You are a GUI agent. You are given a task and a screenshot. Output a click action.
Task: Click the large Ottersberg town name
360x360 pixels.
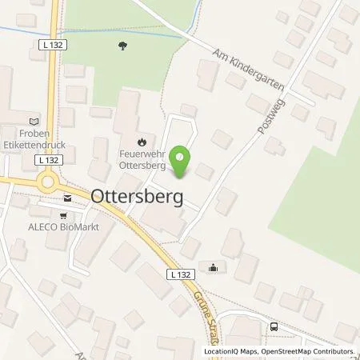[137, 195]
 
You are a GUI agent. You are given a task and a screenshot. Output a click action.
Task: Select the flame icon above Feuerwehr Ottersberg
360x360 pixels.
[142, 141]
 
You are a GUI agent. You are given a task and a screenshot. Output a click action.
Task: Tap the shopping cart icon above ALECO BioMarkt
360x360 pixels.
[65, 214]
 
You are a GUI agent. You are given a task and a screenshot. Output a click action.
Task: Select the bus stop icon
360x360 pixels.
[274, 326]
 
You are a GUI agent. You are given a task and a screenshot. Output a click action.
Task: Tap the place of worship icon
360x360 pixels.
[213, 267]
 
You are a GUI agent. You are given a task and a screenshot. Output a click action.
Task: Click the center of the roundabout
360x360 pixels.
[49, 182]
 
